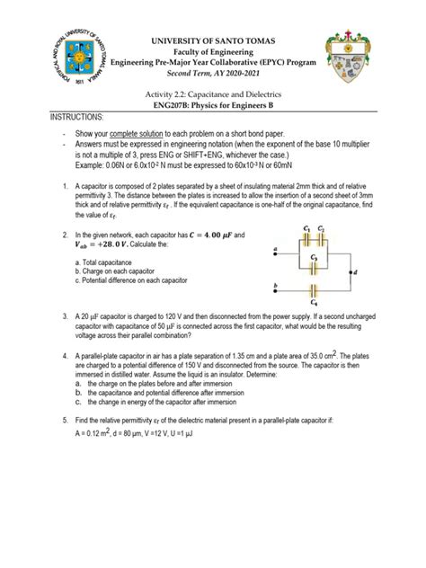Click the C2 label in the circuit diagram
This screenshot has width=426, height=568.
click(x=330, y=227)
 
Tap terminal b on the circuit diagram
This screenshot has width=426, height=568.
click(x=272, y=286)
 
